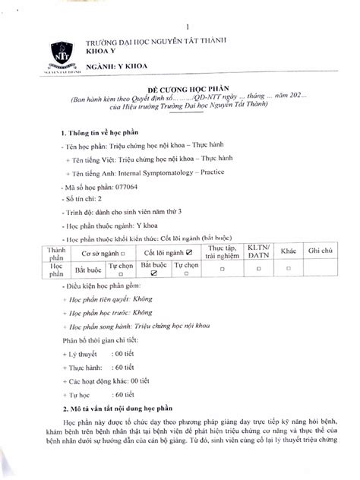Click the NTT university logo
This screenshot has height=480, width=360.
61,52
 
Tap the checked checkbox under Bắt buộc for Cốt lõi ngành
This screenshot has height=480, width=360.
153,279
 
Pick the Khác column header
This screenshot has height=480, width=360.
289,251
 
